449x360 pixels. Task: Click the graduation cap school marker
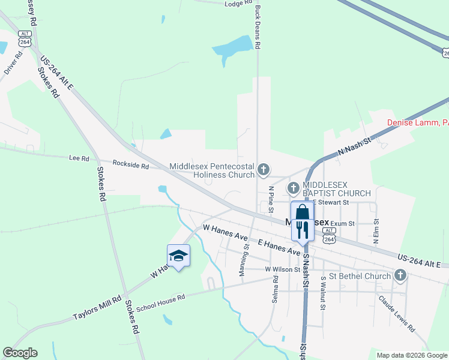point(178,256)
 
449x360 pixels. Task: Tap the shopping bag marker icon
point(302,212)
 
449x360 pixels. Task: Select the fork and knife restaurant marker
point(302,229)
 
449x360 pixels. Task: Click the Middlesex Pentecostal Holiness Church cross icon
point(262,170)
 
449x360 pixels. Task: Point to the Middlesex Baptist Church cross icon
point(294,188)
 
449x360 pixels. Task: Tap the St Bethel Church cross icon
point(400,276)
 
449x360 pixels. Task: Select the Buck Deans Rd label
point(258,28)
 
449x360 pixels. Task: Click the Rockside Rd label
point(131,163)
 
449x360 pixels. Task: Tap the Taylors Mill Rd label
point(97,308)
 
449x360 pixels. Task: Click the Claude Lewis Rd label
point(396,314)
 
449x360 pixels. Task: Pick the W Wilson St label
point(282,269)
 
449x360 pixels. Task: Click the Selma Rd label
point(276,289)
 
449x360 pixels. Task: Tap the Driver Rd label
point(13,62)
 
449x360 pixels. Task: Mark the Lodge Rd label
point(238,4)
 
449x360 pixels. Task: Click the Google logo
point(20,353)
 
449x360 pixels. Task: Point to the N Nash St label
point(355,147)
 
